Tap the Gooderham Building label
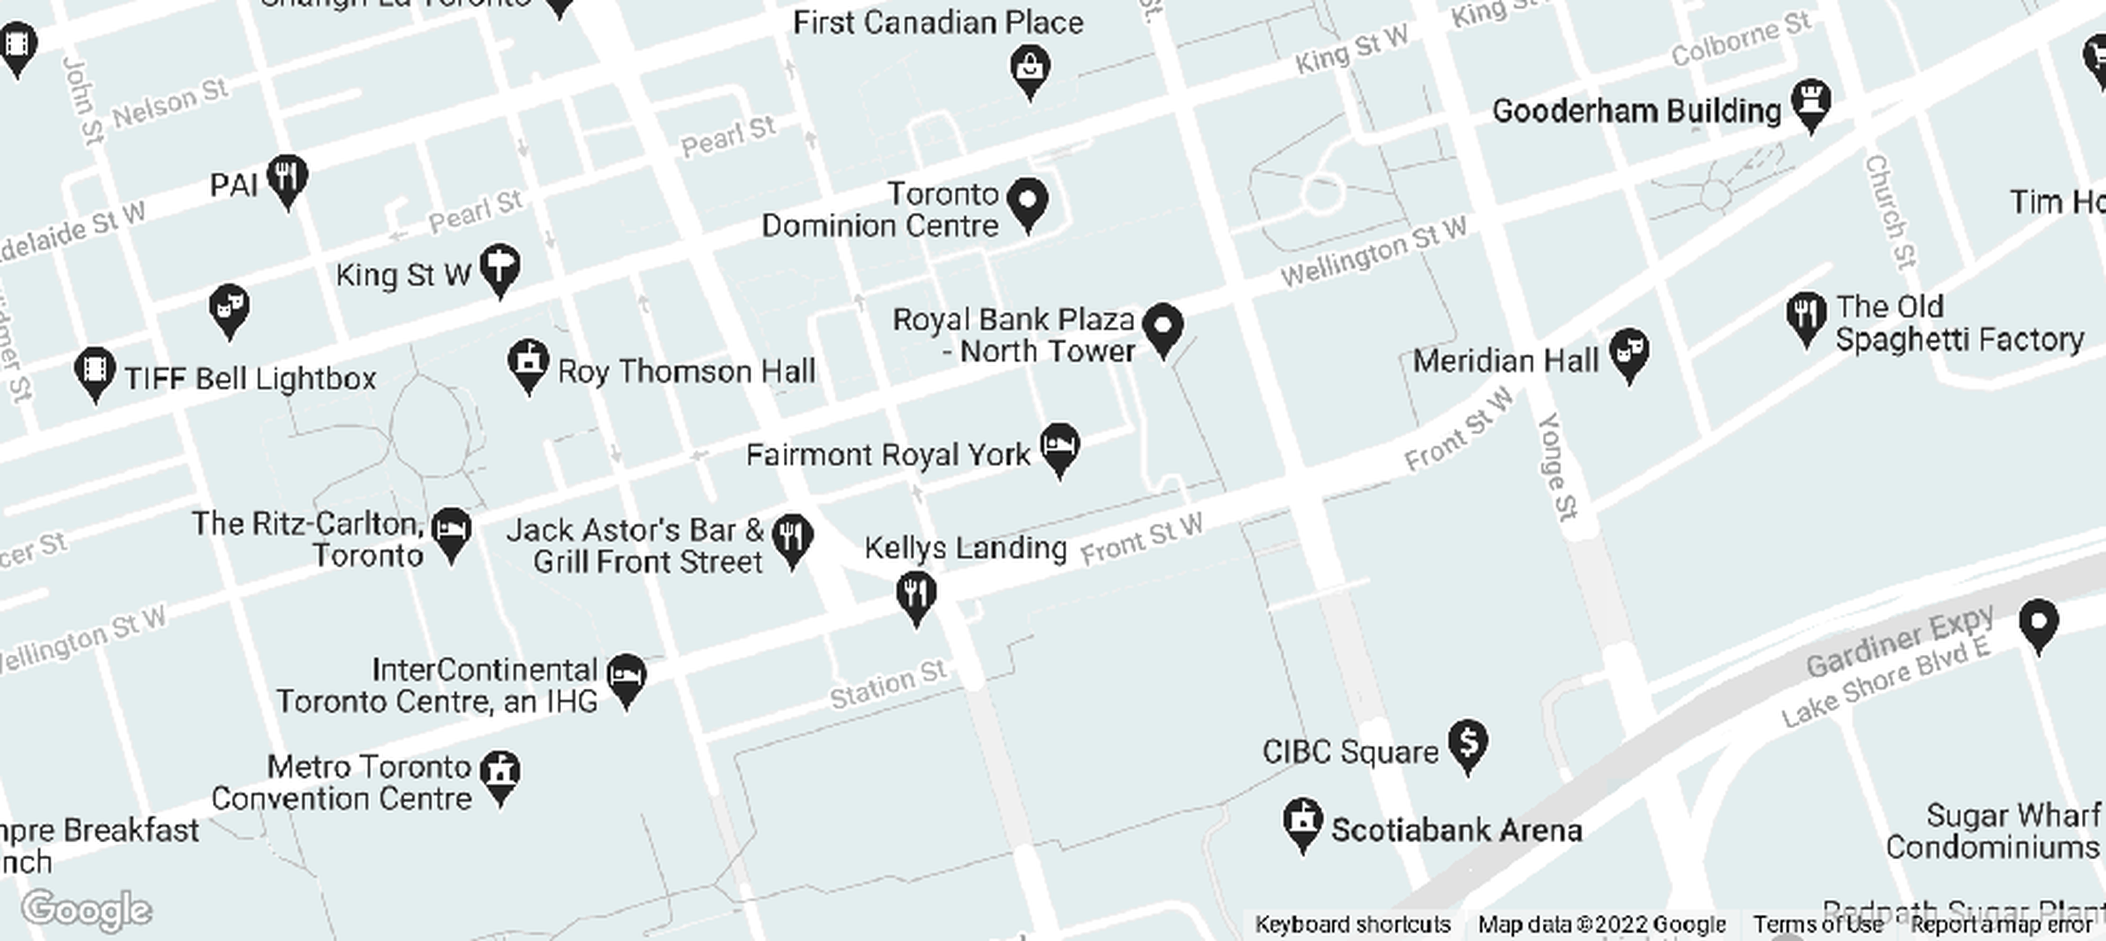coord(1636,111)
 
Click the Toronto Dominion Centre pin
coord(1028,201)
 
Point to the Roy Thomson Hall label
coord(686,372)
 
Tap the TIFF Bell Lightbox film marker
coord(95,370)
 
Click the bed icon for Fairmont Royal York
coord(1060,446)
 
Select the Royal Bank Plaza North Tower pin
coord(1163,326)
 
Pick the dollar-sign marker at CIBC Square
coord(1468,742)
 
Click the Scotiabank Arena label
coord(1456,831)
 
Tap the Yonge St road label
coord(1558,467)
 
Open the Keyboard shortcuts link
coord(1352,925)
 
